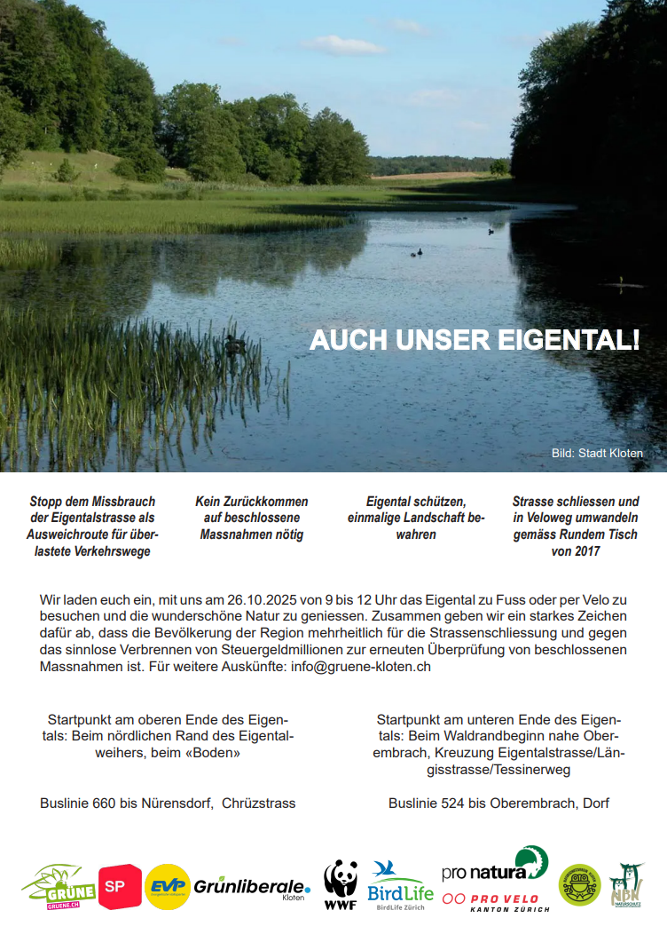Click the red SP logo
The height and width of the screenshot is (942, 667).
[x=120, y=886]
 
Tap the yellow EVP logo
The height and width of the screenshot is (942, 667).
[x=168, y=886]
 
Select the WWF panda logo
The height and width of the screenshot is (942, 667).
[x=341, y=885]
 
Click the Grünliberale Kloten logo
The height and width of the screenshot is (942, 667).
[x=252, y=887]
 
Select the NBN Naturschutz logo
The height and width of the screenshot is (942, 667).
[x=626, y=886]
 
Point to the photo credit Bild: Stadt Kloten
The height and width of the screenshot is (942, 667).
[x=597, y=453]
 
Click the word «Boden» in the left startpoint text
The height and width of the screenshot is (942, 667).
[x=212, y=752]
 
